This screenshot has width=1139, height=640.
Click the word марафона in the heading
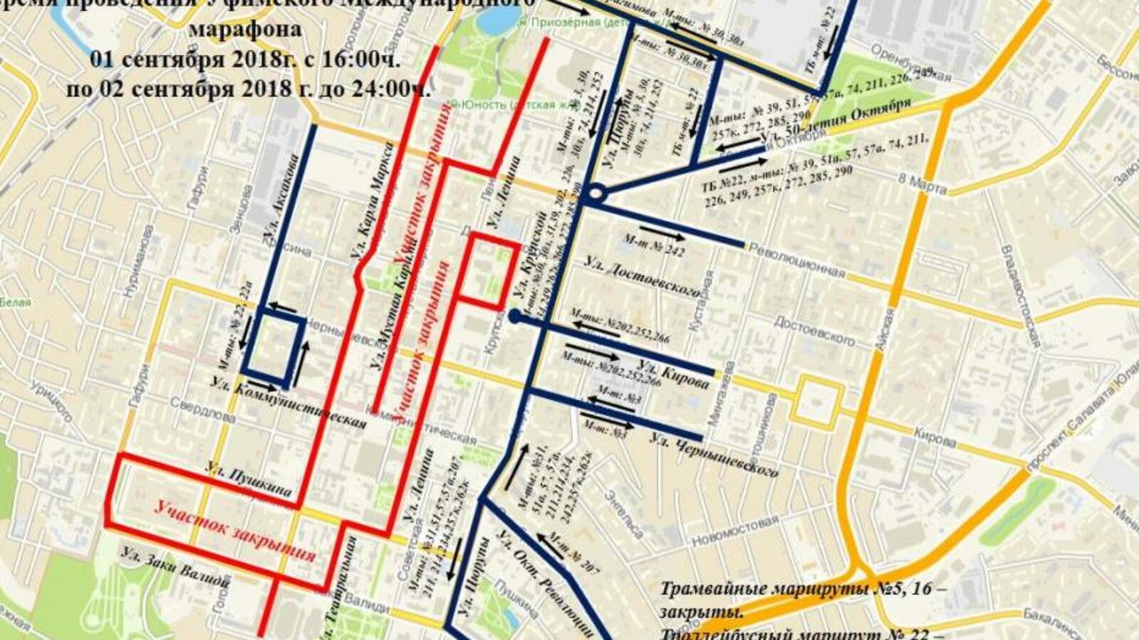click(x=245, y=31)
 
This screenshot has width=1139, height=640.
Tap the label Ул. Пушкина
click(x=249, y=479)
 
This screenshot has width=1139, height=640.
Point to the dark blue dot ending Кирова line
click(x=515, y=316)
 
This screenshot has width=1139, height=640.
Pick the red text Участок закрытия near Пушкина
click(x=235, y=531)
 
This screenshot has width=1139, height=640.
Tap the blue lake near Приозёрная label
click(x=491, y=19)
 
